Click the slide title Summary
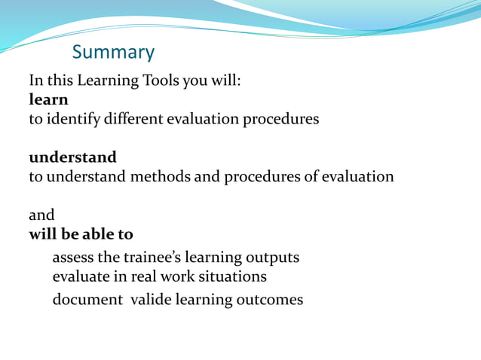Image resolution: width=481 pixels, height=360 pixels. click(x=113, y=52)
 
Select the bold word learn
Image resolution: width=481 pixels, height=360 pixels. click(x=48, y=99)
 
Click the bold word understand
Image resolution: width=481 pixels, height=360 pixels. click(x=72, y=157)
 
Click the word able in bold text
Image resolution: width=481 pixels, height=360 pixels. click(x=93, y=234)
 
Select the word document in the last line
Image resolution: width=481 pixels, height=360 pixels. click(x=87, y=300)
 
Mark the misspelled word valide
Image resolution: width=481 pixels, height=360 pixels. click(x=151, y=300)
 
